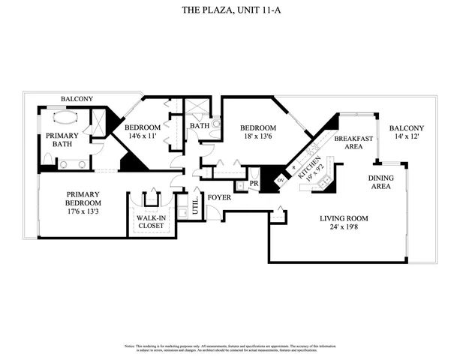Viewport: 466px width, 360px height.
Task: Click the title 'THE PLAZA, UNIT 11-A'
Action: tap(233, 10)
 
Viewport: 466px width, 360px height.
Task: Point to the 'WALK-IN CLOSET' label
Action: tap(151, 221)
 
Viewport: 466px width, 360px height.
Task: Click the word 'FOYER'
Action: tap(219, 198)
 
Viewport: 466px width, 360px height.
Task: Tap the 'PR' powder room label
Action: tap(254, 182)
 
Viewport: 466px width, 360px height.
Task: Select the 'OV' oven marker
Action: tap(280, 180)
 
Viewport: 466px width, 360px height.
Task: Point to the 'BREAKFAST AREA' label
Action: tap(348, 142)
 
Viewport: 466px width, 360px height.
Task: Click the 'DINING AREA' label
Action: tap(379, 181)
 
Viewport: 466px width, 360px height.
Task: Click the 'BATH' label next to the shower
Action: tap(199, 126)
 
